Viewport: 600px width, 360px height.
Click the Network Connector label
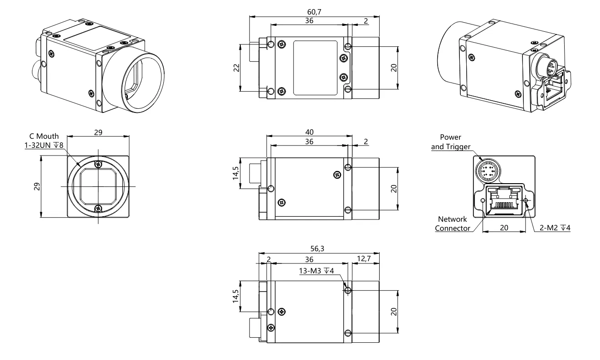click(453, 224)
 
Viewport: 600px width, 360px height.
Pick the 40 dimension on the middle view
click(309, 131)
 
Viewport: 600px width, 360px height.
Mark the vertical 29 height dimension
click(36, 186)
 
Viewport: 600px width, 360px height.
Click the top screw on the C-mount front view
click(98, 165)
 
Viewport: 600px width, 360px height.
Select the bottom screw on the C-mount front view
click(98, 208)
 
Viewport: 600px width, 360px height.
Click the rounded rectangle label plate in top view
click(315, 68)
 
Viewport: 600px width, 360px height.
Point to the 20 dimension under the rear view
click(504, 228)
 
